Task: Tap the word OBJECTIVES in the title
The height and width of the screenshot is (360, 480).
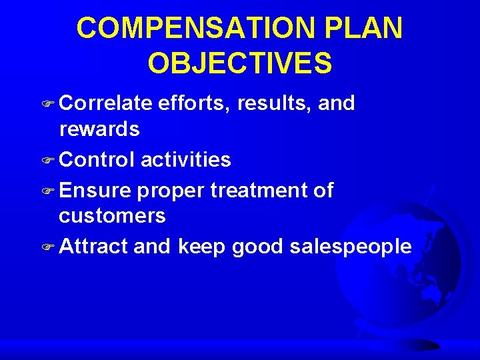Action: [240, 63]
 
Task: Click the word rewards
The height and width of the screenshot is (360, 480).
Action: [99, 129]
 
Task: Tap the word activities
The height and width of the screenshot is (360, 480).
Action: [185, 159]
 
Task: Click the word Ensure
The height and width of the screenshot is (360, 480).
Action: [95, 191]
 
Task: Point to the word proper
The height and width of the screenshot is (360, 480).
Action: [171, 192]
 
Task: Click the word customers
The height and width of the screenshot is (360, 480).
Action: [112, 216]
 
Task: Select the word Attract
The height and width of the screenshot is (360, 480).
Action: [93, 247]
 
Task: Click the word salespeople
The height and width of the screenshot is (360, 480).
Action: [351, 247]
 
